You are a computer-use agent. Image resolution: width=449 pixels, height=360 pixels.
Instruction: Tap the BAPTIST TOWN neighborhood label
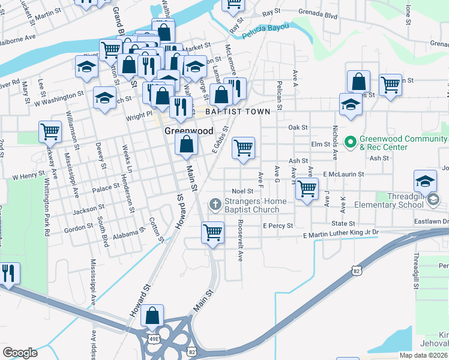coord(238,112)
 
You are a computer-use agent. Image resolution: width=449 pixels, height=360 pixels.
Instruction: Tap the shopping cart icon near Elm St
coord(243,148)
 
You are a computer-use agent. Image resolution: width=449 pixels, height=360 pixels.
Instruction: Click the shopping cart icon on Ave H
coord(307,189)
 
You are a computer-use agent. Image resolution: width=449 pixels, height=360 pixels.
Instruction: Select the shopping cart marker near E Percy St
coord(212,232)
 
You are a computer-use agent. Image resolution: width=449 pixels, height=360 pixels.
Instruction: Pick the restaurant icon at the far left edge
coord(9,274)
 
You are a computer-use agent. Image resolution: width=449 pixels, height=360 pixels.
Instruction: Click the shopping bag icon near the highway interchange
coord(152,316)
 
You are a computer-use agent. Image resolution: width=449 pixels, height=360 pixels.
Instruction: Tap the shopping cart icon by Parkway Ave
coord(50,131)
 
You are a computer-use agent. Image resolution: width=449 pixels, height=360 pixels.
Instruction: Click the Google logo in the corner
coord(20,352)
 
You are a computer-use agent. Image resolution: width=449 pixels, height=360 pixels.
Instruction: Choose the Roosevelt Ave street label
coord(240,239)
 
